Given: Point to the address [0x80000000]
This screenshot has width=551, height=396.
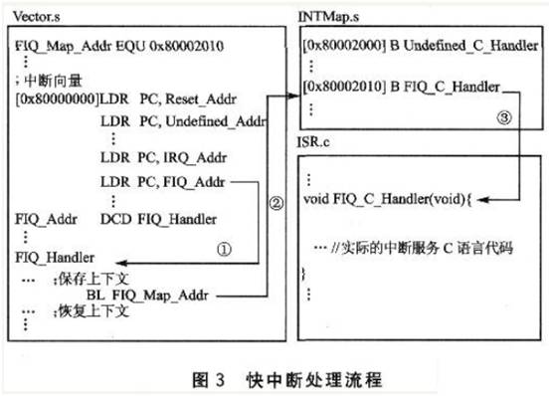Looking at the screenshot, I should [x=58, y=99].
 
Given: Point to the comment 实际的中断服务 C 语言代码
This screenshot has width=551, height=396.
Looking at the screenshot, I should [x=423, y=249].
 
